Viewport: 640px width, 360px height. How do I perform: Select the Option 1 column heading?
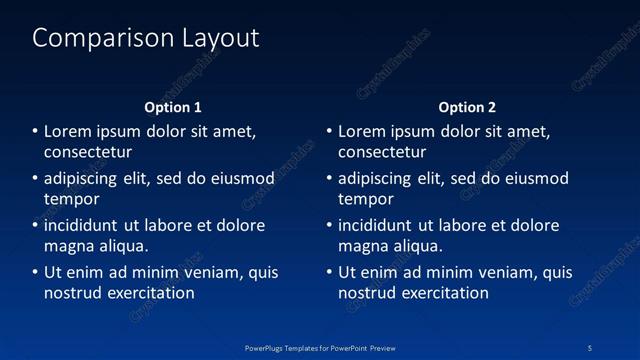pos(173,107)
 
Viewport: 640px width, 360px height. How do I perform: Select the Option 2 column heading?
pos(467,107)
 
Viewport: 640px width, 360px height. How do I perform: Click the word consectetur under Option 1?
pos(88,152)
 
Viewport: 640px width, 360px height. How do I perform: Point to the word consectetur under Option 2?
pos(382,152)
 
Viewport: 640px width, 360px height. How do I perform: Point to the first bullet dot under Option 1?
pos(35,131)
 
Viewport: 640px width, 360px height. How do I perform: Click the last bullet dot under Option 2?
pos(329,272)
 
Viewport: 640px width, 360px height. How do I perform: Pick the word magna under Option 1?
pos(69,246)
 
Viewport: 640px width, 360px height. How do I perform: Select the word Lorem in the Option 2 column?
pos(360,131)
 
